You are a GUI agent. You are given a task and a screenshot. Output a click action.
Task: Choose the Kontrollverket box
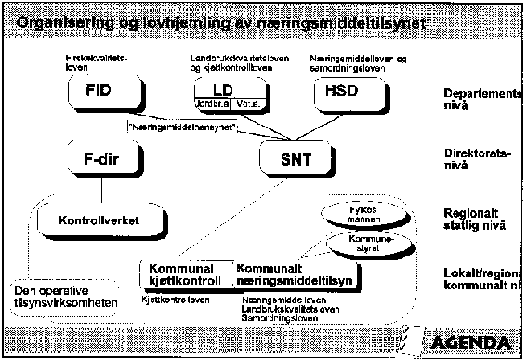tap(88, 223)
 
